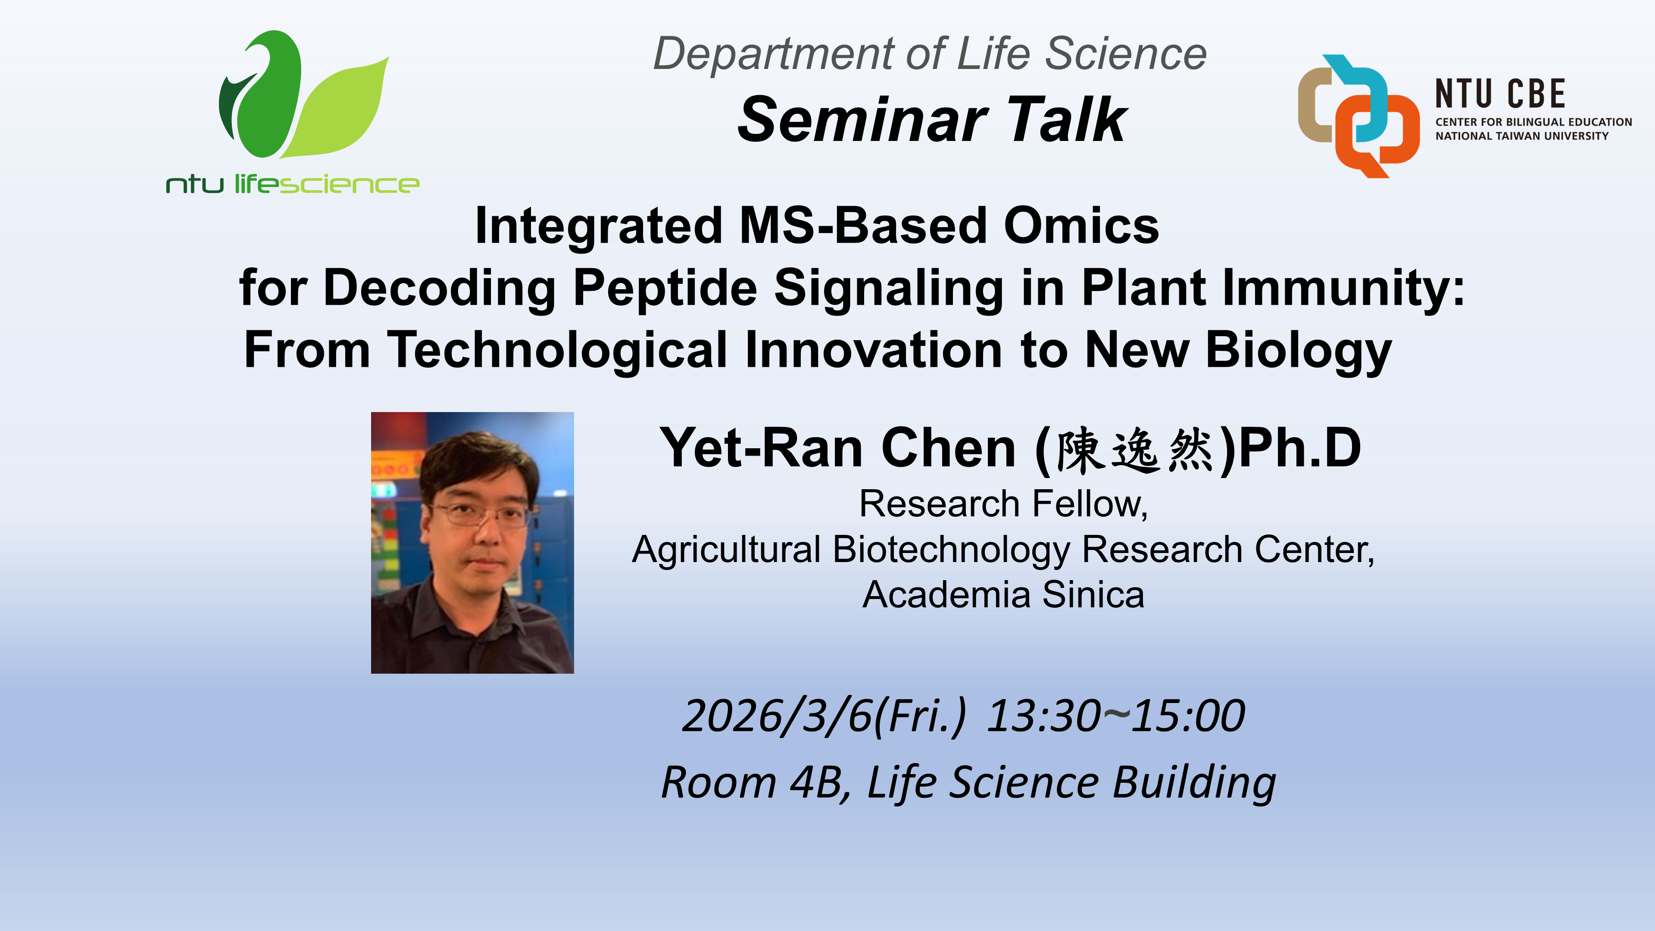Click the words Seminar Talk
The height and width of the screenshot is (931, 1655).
click(931, 120)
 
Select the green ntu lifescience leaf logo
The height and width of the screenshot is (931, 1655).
click(302, 97)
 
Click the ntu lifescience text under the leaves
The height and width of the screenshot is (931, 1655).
click(292, 184)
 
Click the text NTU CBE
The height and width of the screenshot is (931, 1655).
click(1500, 94)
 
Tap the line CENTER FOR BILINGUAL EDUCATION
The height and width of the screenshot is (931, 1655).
click(1533, 122)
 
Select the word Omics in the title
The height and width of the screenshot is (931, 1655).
click(1081, 226)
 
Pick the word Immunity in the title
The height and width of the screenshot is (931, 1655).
click(1343, 288)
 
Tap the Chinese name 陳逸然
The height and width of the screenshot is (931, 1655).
click(1134, 450)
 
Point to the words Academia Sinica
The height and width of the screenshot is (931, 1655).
click(1003, 595)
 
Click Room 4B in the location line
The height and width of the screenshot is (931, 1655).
click(752, 783)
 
